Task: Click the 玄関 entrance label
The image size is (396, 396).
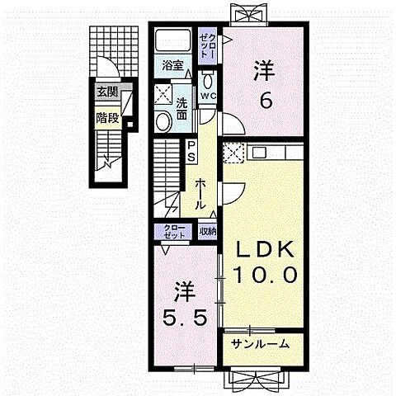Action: pyautogui.click(x=107, y=92)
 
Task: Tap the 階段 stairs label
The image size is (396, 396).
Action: pyautogui.click(x=107, y=117)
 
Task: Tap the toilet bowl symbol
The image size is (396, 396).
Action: pyautogui.click(x=208, y=81)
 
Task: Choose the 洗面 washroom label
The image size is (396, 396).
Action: pyautogui.click(x=184, y=107)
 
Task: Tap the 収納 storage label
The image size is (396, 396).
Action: pyautogui.click(x=207, y=231)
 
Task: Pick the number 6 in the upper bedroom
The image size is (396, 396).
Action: pyautogui.click(x=264, y=99)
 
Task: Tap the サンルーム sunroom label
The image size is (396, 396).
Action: pyautogui.click(x=260, y=344)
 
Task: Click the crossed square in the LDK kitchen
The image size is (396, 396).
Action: pyautogui.click(x=233, y=153)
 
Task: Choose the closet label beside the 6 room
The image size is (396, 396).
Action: pyautogui.click(x=209, y=44)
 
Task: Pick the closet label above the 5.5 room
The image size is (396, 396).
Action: pyautogui.click(x=174, y=231)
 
